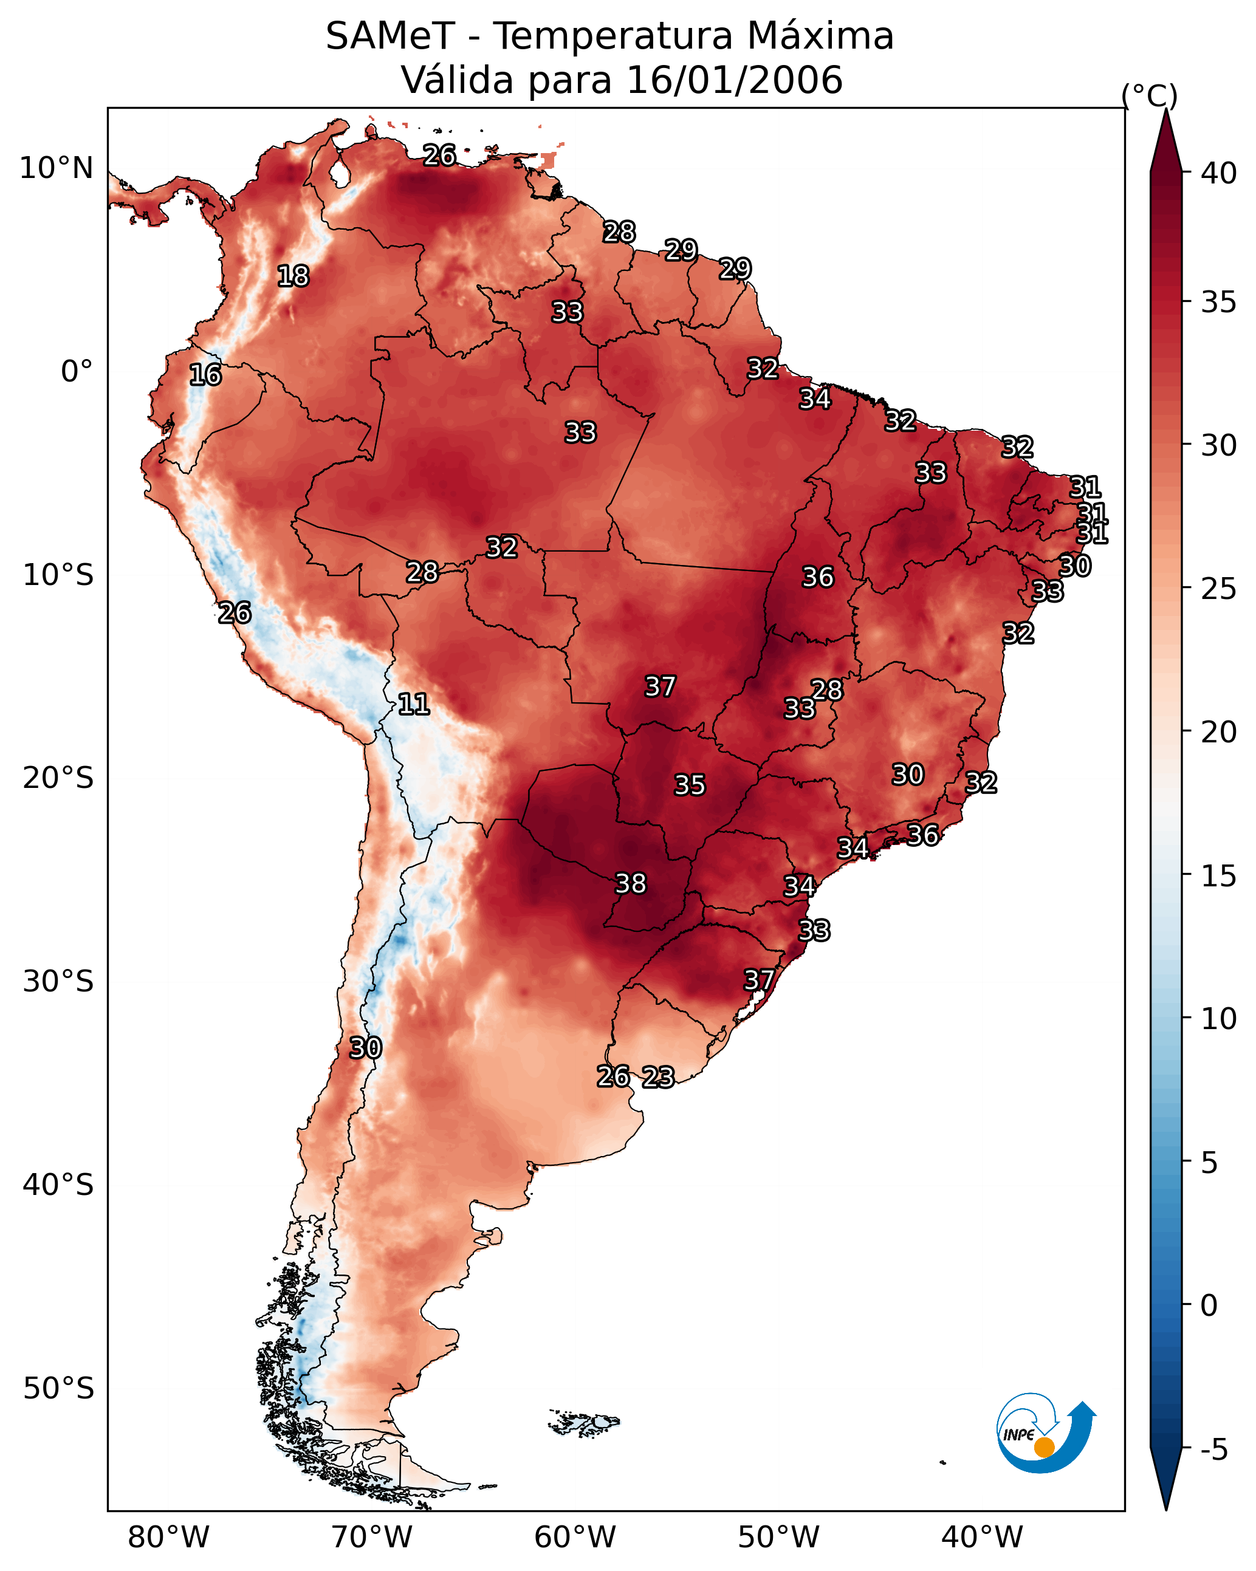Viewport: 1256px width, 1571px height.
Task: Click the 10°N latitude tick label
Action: tap(56, 168)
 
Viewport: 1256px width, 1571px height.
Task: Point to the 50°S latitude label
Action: tap(58, 1389)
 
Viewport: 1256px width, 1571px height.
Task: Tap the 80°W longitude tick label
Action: tap(168, 1538)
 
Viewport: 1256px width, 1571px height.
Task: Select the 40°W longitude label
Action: tap(982, 1538)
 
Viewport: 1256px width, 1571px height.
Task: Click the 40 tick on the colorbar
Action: tap(1219, 173)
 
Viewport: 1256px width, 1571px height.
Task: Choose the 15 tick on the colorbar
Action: tap(1219, 876)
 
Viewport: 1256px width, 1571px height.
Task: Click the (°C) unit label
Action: tap(1150, 95)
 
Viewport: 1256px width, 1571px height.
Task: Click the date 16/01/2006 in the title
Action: tap(734, 80)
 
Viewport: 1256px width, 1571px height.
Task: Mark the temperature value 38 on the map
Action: tap(631, 884)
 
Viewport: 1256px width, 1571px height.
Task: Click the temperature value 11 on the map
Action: tap(413, 704)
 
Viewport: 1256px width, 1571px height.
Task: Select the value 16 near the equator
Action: tap(205, 375)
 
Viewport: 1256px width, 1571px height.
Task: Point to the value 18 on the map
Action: tap(293, 276)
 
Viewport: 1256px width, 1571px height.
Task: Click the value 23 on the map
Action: tap(657, 1077)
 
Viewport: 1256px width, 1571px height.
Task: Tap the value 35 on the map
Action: tap(690, 785)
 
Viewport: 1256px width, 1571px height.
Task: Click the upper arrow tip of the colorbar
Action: tap(1165, 109)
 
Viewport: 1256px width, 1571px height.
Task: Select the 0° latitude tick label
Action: tap(77, 372)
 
